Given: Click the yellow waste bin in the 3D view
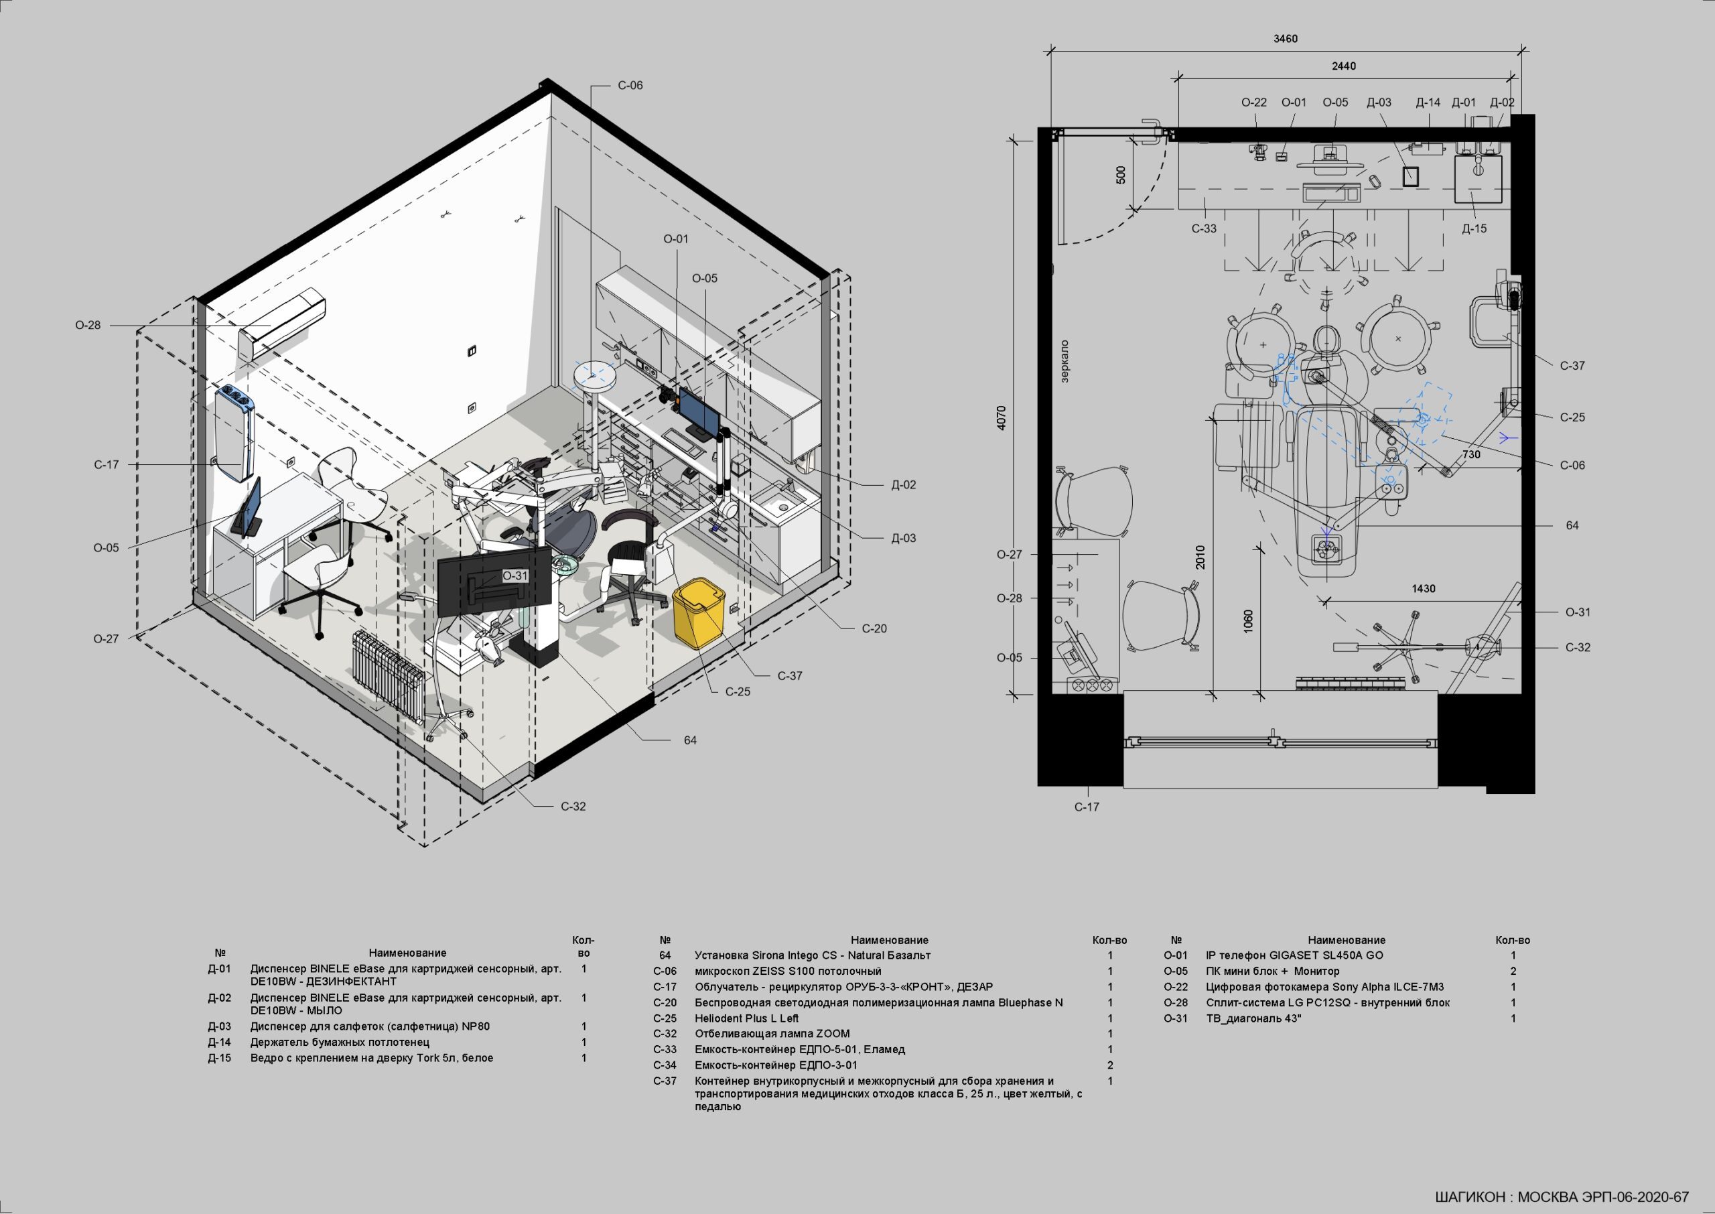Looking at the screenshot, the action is tap(699, 614).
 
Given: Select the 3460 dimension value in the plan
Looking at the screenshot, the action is tap(1286, 39).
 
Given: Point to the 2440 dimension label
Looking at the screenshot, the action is tap(1344, 66).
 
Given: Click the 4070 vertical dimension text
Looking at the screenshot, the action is tap(1002, 417).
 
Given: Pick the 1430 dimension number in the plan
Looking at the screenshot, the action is tap(1424, 589).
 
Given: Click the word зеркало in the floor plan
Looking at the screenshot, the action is tap(1065, 362).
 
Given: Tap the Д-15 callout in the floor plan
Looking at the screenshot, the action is tap(1474, 228).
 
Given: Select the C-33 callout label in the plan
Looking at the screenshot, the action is tap(1204, 228).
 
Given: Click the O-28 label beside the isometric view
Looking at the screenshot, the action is tap(88, 325).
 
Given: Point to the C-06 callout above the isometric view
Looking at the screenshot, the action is tap(630, 86).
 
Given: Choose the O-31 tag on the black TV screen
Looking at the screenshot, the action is tap(515, 576).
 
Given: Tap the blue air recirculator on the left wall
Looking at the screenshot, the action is tap(234, 432).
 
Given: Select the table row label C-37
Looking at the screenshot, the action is tap(665, 1081).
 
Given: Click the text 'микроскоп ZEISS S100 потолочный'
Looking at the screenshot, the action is tap(788, 971).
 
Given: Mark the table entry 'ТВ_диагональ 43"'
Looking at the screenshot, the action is tap(1253, 1018).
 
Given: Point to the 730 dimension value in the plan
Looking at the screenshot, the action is tap(1470, 454).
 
